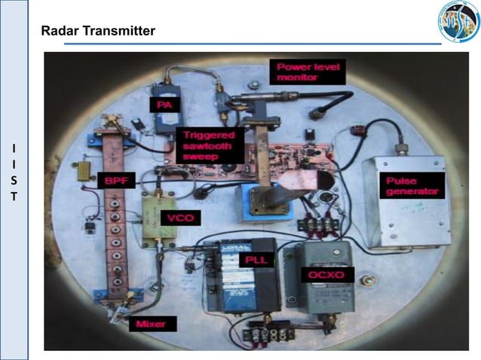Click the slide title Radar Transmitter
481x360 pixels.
click(99, 31)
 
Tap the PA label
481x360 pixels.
click(164, 104)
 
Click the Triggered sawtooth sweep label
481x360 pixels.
click(209, 145)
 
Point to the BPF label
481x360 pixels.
click(118, 181)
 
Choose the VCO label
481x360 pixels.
click(182, 218)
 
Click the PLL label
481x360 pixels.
click(252, 260)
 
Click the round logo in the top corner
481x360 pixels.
click(458, 22)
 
